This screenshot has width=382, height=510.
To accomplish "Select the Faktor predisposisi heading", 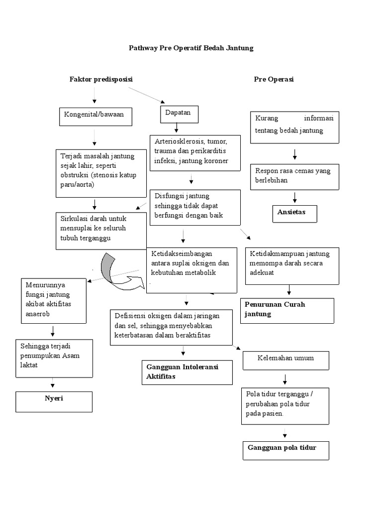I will (x=101, y=79).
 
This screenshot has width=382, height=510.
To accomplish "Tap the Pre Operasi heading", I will (x=274, y=79).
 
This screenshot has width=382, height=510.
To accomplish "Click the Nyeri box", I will (x=54, y=401).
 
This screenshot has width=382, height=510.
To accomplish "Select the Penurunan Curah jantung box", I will (x=286, y=310).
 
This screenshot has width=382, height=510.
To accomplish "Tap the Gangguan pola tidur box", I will (x=286, y=450).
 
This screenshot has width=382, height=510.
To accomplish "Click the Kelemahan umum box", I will (x=286, y=359).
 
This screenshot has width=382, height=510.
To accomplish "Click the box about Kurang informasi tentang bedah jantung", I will (x=294, y=127).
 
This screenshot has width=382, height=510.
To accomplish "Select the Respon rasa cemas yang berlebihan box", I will (x=294, y=176).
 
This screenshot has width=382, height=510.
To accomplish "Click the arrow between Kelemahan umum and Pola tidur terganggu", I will (x=285, y=379).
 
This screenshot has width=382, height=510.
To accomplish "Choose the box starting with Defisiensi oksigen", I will (x=171, y=326).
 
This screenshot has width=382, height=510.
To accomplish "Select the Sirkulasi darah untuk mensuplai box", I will (x=101, y=231).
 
